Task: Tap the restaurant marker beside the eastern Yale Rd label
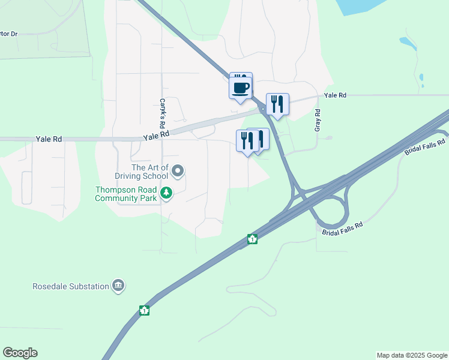click(277, 104)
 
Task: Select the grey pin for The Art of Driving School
click(178, 172)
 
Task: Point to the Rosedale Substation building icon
click(118, 286)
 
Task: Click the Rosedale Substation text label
click(70, 286)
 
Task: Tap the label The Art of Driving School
click(141, 172)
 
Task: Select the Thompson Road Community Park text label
click(125, 193)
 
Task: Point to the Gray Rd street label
click(318, 120)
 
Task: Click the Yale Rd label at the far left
click(49, 139)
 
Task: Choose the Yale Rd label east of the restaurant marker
click(335, 95)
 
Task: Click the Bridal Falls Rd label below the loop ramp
click(343, 229)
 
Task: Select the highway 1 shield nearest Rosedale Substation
click(144, 310)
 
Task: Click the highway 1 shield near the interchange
click(253, 239)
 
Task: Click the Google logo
click(20, 353)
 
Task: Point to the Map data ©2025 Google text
click(411, 355)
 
